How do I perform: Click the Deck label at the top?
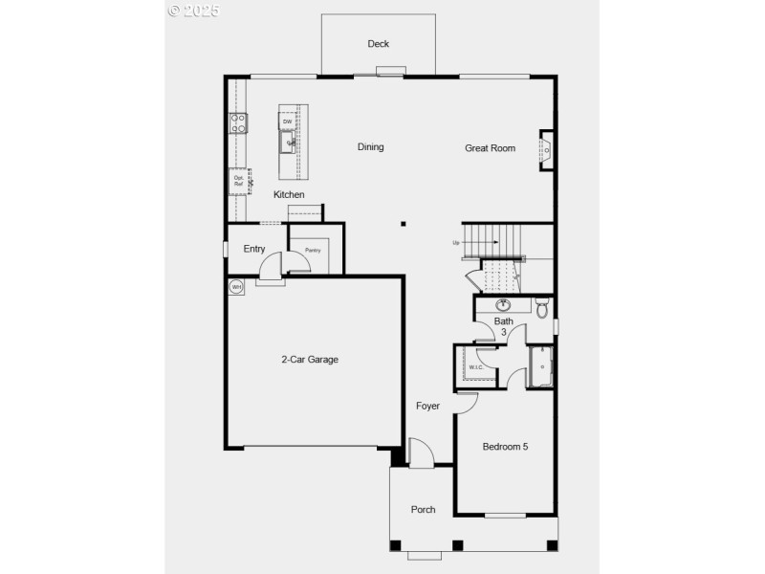[x=378, y=44]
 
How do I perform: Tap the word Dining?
[x=370, y=147]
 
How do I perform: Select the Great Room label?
[x=490, y=148]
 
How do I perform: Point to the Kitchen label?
[x=289, y=195]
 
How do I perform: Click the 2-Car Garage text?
[x=309, y=360]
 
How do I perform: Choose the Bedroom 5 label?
[x=505, y=447]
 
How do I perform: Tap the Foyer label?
[x=427, y=407]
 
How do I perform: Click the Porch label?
[x=423, y=510]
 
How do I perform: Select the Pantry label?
[x=313, y=251]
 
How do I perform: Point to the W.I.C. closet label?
[x=475, y=366]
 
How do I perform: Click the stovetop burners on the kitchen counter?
[x=238, y=123]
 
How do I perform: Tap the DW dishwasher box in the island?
[x=286, y=121]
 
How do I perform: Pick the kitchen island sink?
[x=287, y=143]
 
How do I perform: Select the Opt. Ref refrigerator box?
[x=238, y=180]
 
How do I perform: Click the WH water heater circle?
[x=235, y=286]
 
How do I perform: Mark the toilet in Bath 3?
[x=541, y=309]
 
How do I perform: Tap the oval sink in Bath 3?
[x=503, y=306]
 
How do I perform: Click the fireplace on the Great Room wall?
[x=546, y=150]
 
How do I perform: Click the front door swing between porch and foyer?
[x=419, y=453]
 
